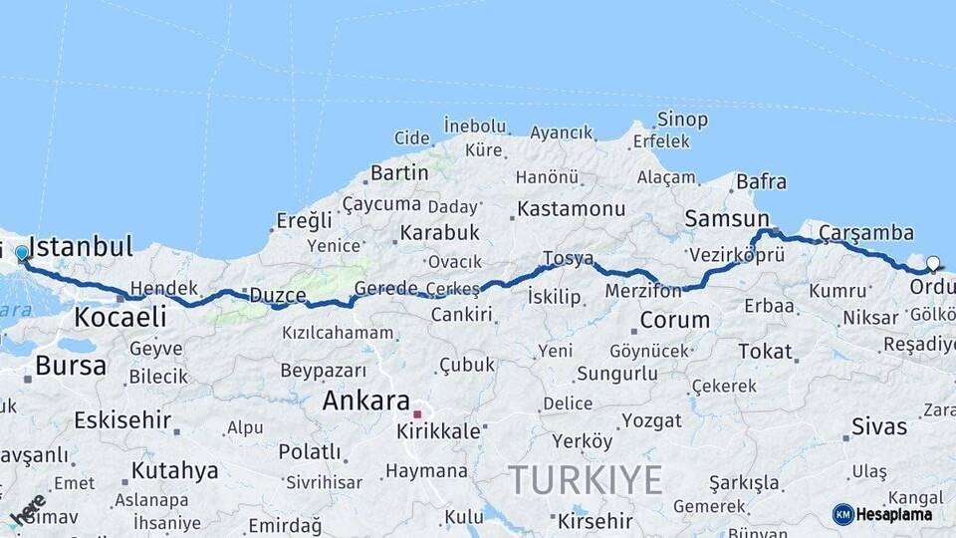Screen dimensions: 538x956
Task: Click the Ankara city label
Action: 365,402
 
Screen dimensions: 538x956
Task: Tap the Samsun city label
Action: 727,218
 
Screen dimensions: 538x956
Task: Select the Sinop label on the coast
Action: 682,120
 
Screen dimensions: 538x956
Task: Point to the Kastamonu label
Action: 571,209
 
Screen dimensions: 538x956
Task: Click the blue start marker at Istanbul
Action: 22,254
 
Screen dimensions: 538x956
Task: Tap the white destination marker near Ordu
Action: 933,264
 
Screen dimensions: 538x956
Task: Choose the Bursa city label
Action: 70,366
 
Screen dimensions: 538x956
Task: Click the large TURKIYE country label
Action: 585,480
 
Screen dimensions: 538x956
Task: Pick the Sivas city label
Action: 879,427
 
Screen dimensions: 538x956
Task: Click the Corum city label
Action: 674,320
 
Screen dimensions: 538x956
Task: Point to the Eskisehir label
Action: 121,419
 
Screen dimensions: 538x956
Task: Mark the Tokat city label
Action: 765,352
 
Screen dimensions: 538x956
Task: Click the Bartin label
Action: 399,172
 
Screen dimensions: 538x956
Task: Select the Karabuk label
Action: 439,233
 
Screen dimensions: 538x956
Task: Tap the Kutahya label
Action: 174,470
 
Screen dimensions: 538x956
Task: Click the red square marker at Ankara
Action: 418,413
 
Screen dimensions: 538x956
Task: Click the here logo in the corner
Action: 26,510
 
